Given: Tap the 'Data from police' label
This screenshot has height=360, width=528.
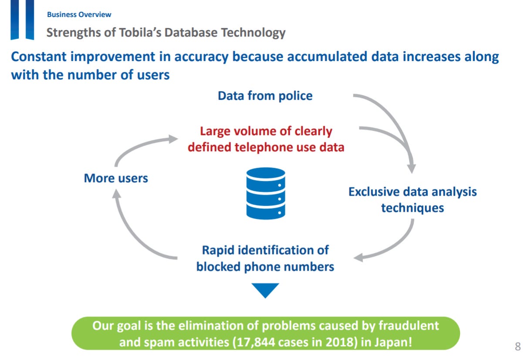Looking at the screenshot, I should click(x=265, y=96).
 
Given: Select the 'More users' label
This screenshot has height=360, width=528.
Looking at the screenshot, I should click(x=116, y=178).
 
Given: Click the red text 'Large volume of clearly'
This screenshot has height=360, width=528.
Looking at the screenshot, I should click(x=266, y=131).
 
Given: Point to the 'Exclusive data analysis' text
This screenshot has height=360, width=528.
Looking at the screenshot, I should click(x=412, y=192).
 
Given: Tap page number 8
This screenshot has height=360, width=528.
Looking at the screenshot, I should click(x=518, y=347).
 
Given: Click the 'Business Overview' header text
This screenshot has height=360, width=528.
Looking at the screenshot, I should click(x=79, y=15).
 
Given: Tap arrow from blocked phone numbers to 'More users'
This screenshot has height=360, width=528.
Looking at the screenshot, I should click(x=131, y=235).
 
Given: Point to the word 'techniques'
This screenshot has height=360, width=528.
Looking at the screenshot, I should click(x=412, y=208).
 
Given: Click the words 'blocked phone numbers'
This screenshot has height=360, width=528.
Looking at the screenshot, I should click(x=265, y=266).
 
